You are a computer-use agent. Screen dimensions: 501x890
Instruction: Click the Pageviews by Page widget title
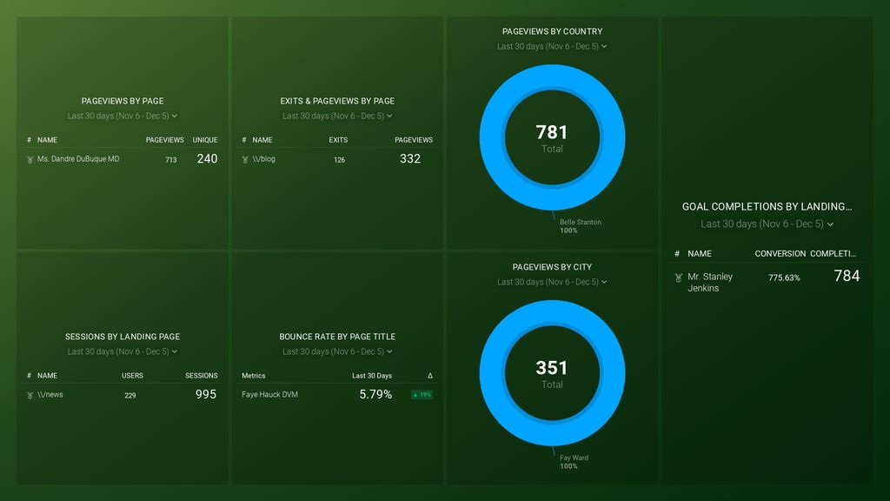click(123, 101)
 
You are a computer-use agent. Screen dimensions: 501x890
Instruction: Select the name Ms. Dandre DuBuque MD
click(78, 159)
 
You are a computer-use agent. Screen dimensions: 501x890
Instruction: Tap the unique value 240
click(207, 158)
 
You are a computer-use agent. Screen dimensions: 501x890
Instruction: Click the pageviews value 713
click(171, 160)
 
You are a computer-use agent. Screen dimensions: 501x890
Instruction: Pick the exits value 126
click(339, 160)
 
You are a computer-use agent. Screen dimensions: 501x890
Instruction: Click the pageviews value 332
click(410, 158)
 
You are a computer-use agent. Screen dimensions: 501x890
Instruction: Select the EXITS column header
click(338, 140)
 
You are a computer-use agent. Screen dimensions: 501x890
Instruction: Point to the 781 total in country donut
click(552, 132)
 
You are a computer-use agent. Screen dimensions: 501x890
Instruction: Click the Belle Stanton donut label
click(580, 223)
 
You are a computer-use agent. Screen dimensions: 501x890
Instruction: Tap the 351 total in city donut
click(552, 368)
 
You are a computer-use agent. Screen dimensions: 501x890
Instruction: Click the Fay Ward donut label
click(574, 458)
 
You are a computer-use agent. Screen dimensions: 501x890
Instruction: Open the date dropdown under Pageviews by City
click(552, 282)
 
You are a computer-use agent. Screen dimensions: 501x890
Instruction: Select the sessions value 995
click(206, 394)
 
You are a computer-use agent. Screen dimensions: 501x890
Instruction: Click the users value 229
click(130, 396)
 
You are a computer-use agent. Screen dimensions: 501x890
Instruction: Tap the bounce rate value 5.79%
click(375, 394)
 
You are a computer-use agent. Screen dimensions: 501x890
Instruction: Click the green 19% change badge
click(422, 395)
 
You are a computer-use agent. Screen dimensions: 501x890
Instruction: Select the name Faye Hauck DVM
click(269, 395)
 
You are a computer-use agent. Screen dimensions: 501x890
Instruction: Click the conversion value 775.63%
click(784, 277)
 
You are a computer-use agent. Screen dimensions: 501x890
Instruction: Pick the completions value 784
click(847, 276)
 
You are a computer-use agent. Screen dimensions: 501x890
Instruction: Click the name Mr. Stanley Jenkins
click(710, 282)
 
